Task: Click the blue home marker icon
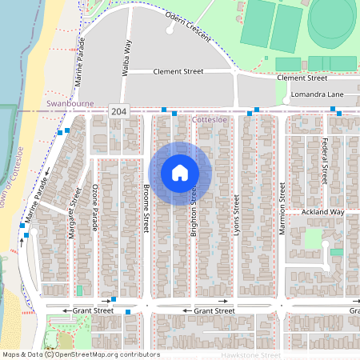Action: pos(180,173)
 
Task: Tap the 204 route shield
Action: pos(118,111)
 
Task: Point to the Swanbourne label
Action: pos(70,104)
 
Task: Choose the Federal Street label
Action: pos(325,161)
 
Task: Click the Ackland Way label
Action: pos(322,212)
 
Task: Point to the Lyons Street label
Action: pos(237,211)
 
